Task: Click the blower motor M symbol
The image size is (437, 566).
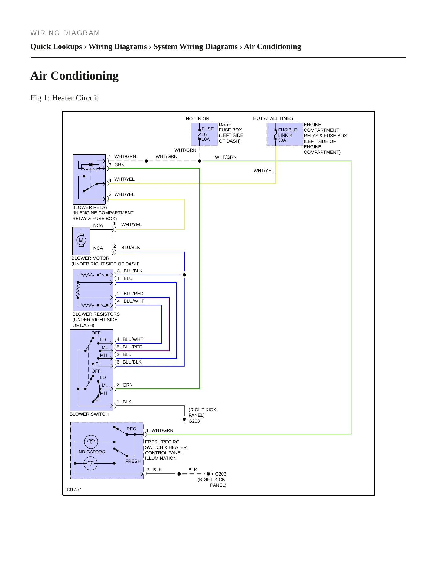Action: pos(81,240)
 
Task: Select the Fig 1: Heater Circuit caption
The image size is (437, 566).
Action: pos(64,98)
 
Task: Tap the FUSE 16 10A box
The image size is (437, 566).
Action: pos(204,134)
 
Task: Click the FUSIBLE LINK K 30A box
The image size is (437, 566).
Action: pos(285,134)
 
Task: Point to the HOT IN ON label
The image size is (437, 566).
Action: pos(197,119)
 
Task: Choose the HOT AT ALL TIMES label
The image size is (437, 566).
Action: pos(273,118)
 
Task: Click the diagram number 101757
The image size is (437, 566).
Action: pos(73,489)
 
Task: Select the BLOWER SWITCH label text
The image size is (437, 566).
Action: pos(89,414)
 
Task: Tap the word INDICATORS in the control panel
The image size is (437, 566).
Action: pos(91,452)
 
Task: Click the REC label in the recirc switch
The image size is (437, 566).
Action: pos(131,429)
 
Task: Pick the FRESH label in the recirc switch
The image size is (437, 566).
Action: pos(133,461)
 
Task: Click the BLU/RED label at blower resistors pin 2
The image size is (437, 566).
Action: pos(133,294)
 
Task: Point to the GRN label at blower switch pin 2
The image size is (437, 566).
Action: pos(128,385)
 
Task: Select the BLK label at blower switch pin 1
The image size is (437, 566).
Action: pos(127,402)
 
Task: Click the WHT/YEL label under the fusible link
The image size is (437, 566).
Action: pos(263,171)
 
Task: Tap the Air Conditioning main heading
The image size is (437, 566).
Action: pos(74,76)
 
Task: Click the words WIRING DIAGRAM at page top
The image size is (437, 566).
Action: pos(65,33)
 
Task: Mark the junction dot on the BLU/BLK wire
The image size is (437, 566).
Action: pos(184,275)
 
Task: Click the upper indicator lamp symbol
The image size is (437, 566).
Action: pos(91,442)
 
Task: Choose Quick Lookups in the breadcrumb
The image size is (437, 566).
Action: pos(56,47)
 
